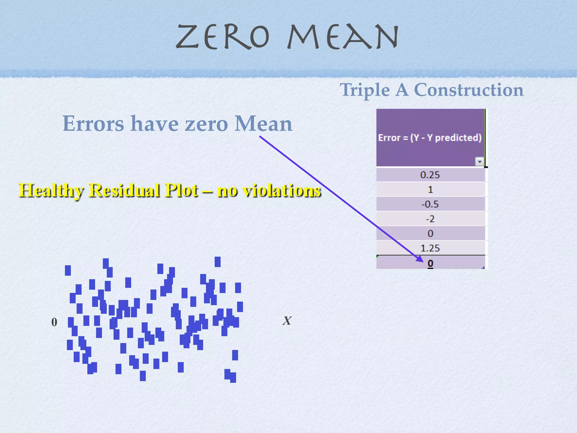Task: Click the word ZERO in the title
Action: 223,37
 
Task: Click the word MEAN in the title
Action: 343,37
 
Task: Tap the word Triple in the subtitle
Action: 365,90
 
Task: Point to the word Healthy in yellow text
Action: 51,190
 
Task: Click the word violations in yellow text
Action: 282,190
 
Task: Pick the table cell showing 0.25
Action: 430,175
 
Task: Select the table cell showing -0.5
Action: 430,204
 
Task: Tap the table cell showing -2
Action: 430,219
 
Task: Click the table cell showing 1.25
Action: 430,248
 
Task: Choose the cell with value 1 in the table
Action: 430,189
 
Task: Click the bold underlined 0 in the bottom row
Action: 430,263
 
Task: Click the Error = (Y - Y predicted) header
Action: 430,138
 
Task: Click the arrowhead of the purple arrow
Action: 420,259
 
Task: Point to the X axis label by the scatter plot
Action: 287,321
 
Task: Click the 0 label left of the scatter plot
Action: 54,322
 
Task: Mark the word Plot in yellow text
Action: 181,190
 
